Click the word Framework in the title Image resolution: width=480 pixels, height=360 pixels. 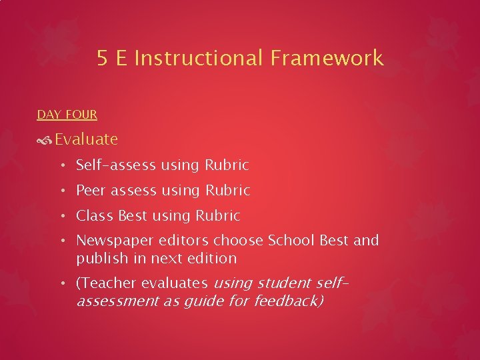(327, 59)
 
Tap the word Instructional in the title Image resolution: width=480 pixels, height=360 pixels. (199, 59)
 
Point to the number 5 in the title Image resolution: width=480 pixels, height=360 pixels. (102, 59)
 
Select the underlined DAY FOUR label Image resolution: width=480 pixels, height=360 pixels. (67, 115)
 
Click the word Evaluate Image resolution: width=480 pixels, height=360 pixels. (86, 139)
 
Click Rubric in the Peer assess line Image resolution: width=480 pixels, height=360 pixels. (227, 191)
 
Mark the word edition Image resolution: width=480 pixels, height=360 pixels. (213, 258)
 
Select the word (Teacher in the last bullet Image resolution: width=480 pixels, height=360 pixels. (104, 283)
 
